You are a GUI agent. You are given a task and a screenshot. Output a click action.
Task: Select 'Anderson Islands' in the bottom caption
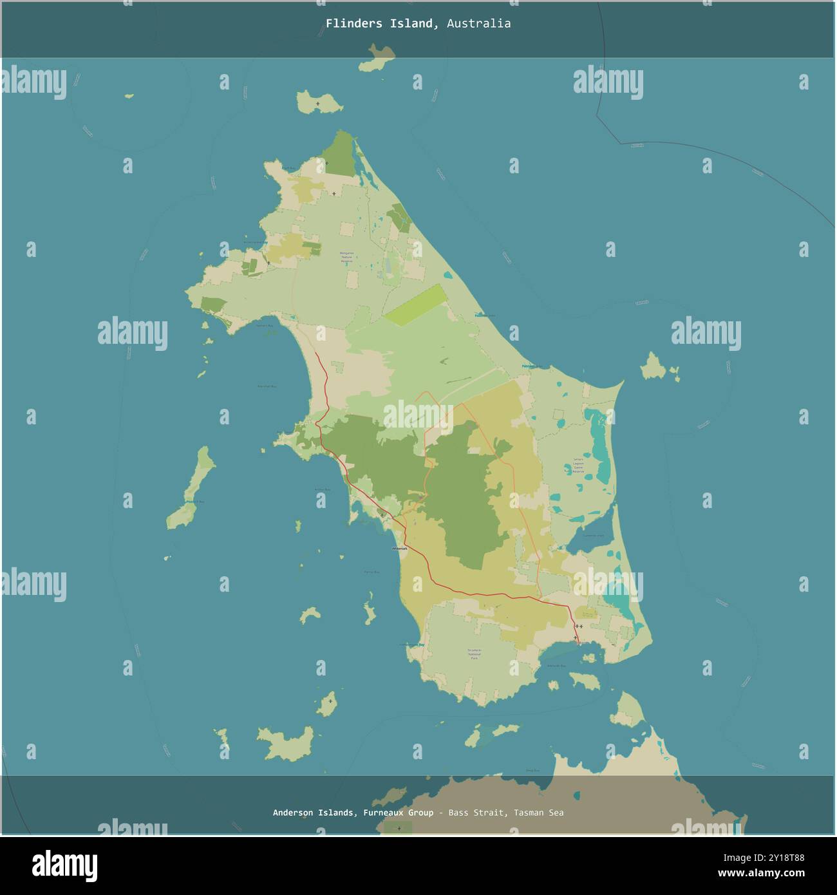click(313, 813)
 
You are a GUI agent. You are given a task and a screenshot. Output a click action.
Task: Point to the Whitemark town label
click(400, 549)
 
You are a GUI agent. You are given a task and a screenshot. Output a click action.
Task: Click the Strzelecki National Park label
click(475, 654)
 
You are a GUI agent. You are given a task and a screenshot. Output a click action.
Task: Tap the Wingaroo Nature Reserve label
click(346, 258)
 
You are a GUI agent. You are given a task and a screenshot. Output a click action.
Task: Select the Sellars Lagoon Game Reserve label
click(578, 466)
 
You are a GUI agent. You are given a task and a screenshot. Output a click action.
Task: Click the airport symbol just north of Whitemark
click(382, 515)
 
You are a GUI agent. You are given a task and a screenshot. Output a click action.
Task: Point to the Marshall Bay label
click(267, 386)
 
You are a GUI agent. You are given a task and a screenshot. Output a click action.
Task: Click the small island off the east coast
click(655, 368)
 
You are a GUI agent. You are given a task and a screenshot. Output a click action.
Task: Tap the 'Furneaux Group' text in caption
click(398, 813)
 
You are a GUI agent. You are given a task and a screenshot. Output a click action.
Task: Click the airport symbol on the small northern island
click(318, 103)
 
